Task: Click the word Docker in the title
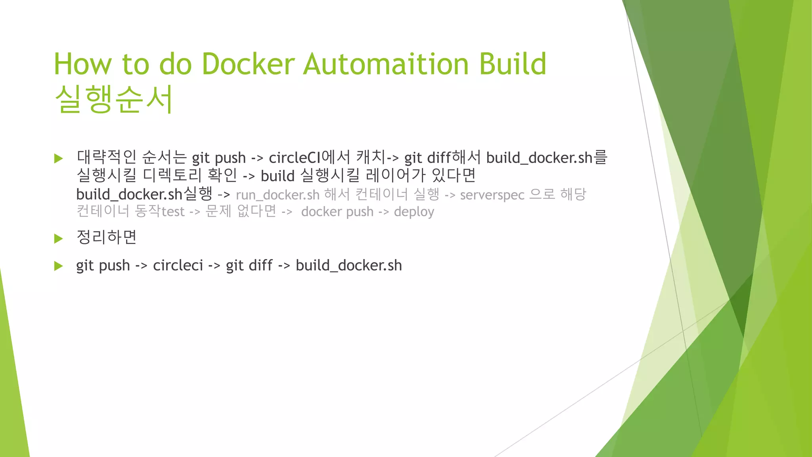pos(248,64)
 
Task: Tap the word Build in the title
pos(513,64)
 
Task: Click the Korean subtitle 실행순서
pos(114,99)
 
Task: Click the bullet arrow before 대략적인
pos(59,159)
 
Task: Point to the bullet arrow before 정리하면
pos(59,238)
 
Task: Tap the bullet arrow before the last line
pos(59,266)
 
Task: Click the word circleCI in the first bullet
pos(294,158)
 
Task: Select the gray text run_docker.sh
pos(278,195)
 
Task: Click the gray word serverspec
pos(492,195)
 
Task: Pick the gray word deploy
pos(414,212)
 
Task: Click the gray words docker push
pos(337,212)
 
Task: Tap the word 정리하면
pos(107,237)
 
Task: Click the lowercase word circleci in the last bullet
pos(178,265)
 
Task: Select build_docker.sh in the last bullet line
pos(349,265)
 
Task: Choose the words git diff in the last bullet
pos(249,265)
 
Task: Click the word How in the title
pos(83,64)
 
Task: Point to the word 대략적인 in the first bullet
pos(107,157)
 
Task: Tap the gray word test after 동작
pos(173,212)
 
